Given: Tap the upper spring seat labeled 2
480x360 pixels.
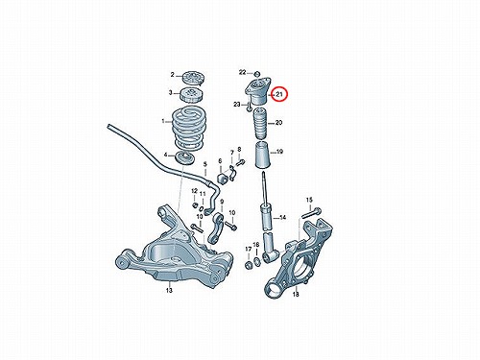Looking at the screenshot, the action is coord(192,78).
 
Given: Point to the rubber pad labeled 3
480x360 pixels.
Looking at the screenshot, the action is coord(192,94).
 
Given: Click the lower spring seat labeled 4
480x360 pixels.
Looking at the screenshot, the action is coord(186,158).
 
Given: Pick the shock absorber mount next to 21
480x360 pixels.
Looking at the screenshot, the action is coord(258,90).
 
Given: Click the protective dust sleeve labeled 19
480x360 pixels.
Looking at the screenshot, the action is coord(262,156).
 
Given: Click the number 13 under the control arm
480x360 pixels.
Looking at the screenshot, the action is coord(169,290).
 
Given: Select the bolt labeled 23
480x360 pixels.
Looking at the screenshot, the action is coord(249,107).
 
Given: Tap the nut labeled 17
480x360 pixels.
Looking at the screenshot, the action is coord(248,265).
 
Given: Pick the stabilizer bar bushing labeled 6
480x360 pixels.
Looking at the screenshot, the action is coord(221,179).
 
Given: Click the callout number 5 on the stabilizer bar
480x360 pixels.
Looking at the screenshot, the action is coord(205,165).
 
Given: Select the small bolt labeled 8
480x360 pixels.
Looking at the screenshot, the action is coord(241,163).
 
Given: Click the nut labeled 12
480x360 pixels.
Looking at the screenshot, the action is coord(194,204).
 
